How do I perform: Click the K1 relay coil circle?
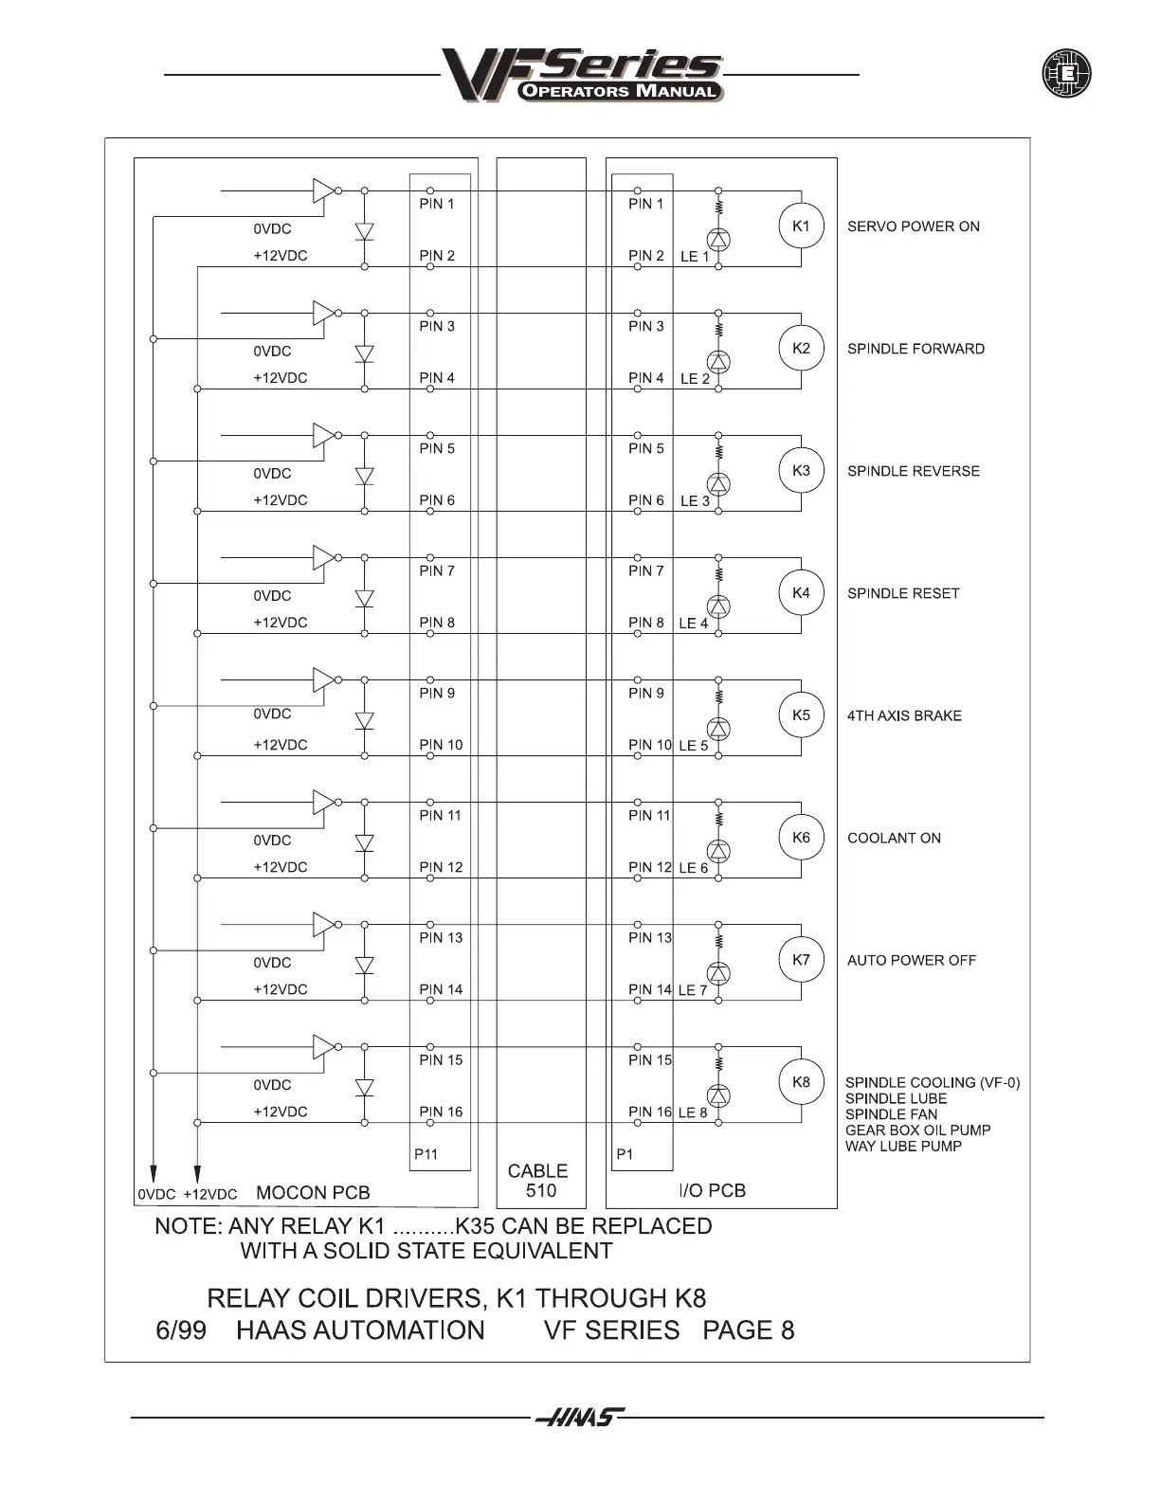tap(801, 226)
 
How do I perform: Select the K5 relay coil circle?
tap(801, 715)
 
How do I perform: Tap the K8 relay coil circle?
tap(801, 1082)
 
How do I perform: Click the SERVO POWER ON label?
tap(913, 226)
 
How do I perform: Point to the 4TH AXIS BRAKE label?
tap(904, 715)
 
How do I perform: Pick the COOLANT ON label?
tap(894, 838)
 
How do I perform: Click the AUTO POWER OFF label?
tap(911, 960)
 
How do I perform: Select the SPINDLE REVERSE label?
tap(913, 471)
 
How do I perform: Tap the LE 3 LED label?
tap(694, 501)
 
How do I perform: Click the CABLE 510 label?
tap(538, 1181)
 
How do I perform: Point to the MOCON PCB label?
tap(313, 1193)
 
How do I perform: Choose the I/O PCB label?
tap(714, 1190)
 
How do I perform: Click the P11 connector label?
tap(426, 1154)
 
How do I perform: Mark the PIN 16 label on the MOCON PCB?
tap(441, 1112)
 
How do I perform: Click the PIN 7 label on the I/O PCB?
tap(645, 570)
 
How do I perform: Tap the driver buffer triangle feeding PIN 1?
tap(323, 190)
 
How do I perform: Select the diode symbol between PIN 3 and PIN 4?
tap(364, 353)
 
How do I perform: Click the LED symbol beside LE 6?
tap(719, 851)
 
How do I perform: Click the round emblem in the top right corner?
tap(1066, 74)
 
